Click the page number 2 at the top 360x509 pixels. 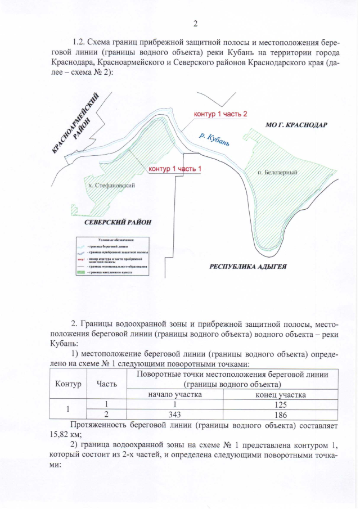195,24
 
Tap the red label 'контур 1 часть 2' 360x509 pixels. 220,115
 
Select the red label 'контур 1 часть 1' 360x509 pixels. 174,169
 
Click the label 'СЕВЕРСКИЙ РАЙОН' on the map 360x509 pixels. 118,222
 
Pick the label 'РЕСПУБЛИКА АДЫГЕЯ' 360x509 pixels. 248,266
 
